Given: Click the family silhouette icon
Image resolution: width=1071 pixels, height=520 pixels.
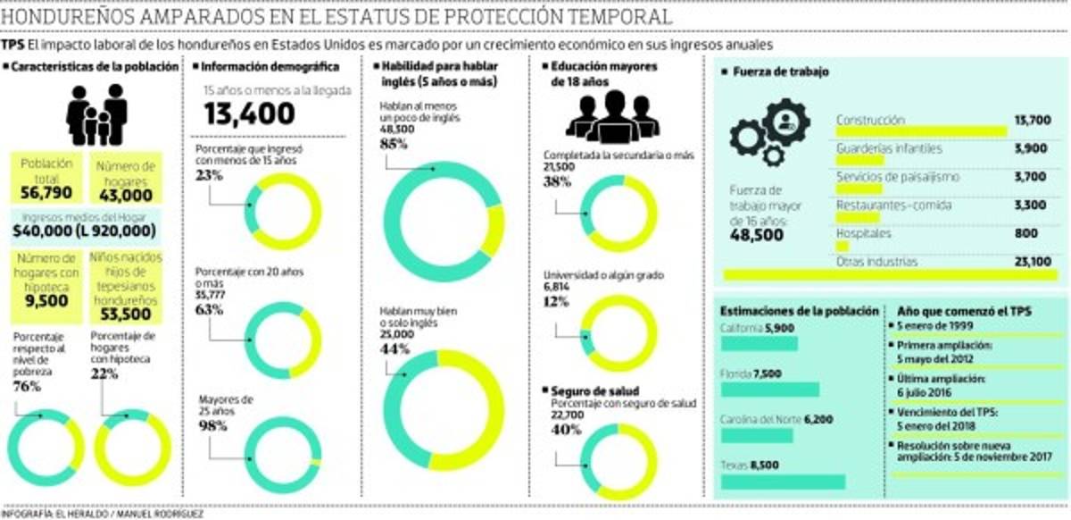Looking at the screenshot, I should point(97,114).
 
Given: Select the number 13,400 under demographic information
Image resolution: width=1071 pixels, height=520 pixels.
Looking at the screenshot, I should point(249,113).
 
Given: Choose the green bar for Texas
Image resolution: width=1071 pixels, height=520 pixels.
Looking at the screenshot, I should point(782,482).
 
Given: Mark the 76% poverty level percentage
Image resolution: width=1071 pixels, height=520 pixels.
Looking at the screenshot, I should point(28,387).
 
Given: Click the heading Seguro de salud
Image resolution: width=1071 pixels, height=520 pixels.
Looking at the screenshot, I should point(586,390).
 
